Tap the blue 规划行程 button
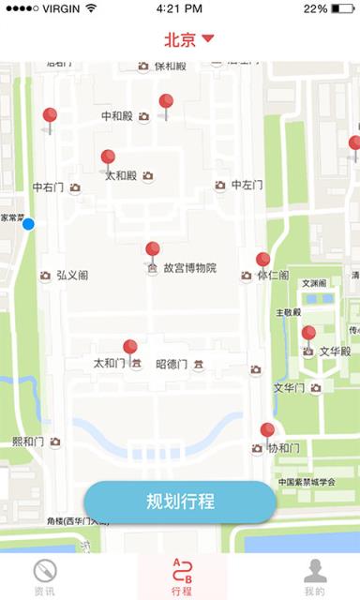(x=180, y=502)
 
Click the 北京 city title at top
(x=180, y=39)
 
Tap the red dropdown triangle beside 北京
(x=208, y=39)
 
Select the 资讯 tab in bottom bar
(x=44, y=577)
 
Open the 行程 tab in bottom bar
(x=181, y=577)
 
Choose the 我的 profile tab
(x=315, y=577)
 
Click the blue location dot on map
(x=28, y=224)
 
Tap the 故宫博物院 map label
(x=189, y=268)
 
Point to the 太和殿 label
(x=121, y=175)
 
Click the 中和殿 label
(x=118, y=116)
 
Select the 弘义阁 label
(x=72, y=276)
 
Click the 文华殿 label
(x=335, y=352)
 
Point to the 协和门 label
(x=283, y=449)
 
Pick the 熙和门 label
(x=28, y=442)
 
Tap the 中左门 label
(x=247, y=186)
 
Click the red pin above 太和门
(x=130, y=348)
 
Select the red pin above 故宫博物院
(x=153, y=249)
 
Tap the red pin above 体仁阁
(x=263, y=260)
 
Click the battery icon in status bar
(x=342, y=8)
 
